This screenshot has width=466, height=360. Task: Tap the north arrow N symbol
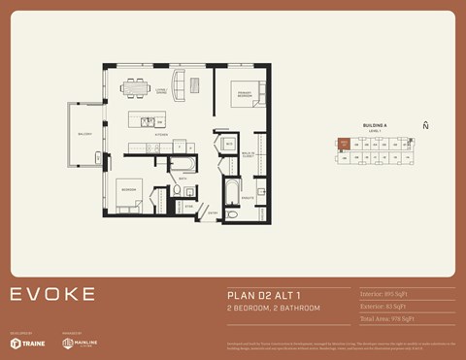pyautogui.click(x=425, y=125)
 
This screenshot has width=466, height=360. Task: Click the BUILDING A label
pyautogui.click(x=375, y=126)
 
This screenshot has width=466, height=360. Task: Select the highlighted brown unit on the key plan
pyautogui.click(x=343, y=144)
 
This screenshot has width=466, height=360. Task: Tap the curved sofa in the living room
pyautogui.click(x=179, y=82)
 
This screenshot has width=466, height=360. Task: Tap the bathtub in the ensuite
pyautogui.click(x=232, y=195)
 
